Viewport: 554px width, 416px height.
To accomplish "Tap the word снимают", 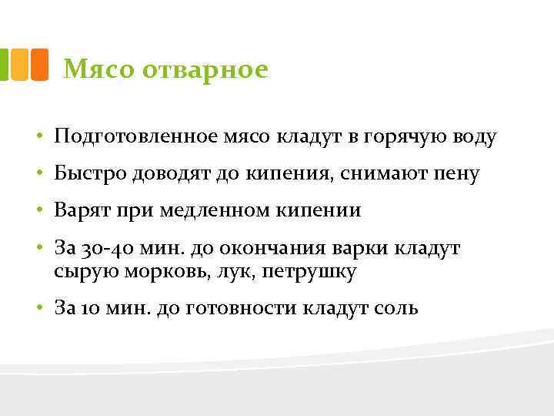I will pyautogui.click(x=381, y=174).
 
